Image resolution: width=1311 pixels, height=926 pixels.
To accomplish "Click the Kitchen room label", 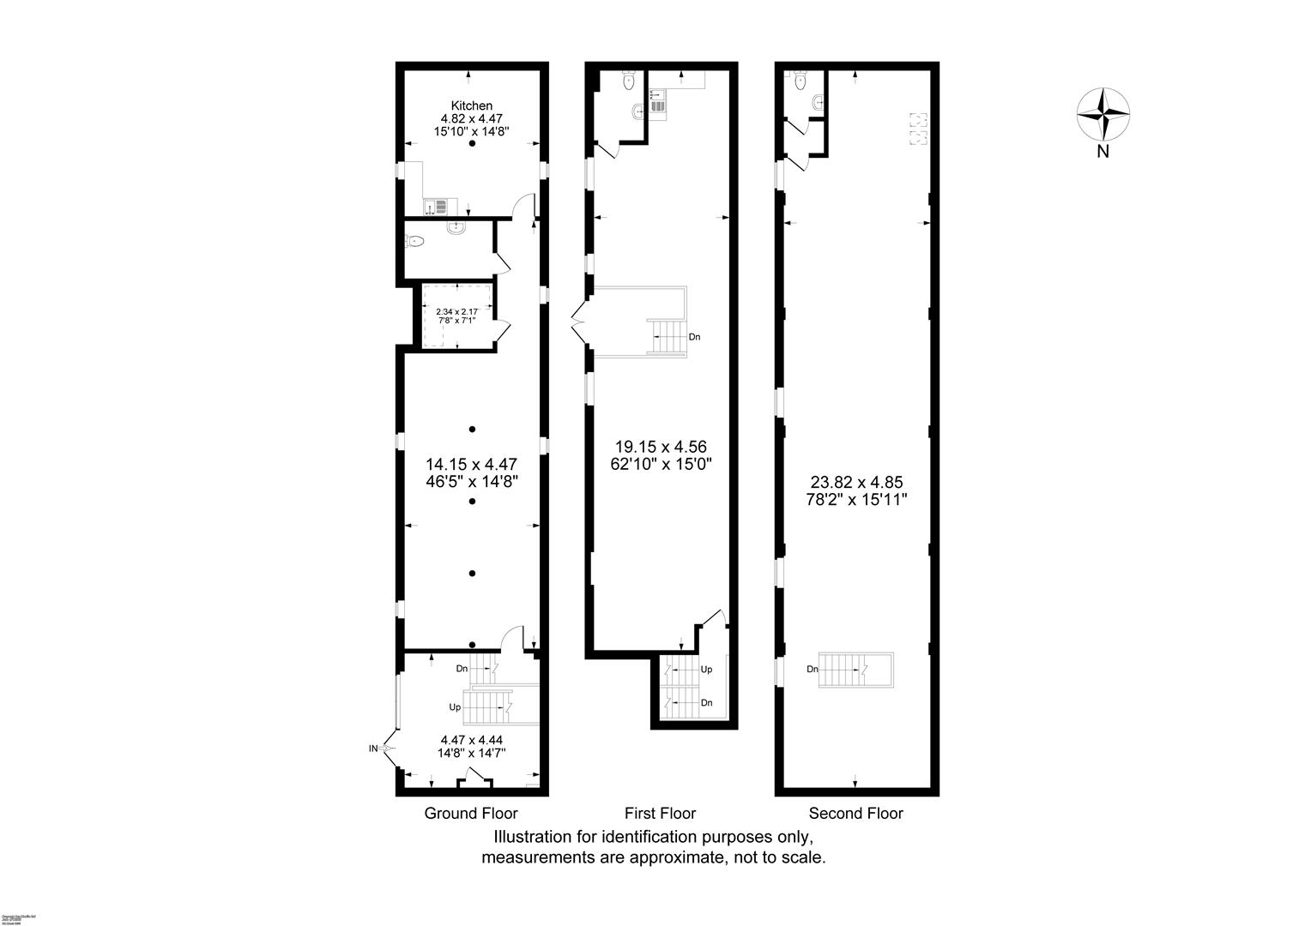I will (x=471, y=105).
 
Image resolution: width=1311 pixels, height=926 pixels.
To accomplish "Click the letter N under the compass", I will (x=1103, y=153).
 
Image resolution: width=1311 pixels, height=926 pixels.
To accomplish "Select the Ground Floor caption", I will (x=471, y=813).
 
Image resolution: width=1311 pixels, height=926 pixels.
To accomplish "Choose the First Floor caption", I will (x=660, y=813).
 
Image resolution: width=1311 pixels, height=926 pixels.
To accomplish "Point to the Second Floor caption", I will (x=856, y=813).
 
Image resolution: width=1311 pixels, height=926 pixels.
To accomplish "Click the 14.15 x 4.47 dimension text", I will (x=471, y=464).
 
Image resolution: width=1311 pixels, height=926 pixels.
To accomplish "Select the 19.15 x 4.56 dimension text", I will (x=660, y=447).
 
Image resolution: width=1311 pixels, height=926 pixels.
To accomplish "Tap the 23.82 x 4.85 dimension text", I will (x=856, y=483).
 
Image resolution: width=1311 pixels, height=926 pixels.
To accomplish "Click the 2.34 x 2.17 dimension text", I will (x=456, y=312).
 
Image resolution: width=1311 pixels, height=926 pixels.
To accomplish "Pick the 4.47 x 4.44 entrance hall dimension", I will (x=471, y=740).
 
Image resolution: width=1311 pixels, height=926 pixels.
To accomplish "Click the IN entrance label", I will (x=373, y=749).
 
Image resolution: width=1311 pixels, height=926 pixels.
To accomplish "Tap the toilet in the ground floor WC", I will (x=415, y=242).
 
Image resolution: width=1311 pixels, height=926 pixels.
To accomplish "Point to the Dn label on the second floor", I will (x=812, y=670).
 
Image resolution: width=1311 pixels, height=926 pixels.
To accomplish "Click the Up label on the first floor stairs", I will (x=706, y=669).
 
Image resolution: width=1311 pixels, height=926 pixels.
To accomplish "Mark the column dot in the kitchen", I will (x=471, y=145).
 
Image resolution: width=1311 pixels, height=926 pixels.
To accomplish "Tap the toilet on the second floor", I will (x=800, y=81).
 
